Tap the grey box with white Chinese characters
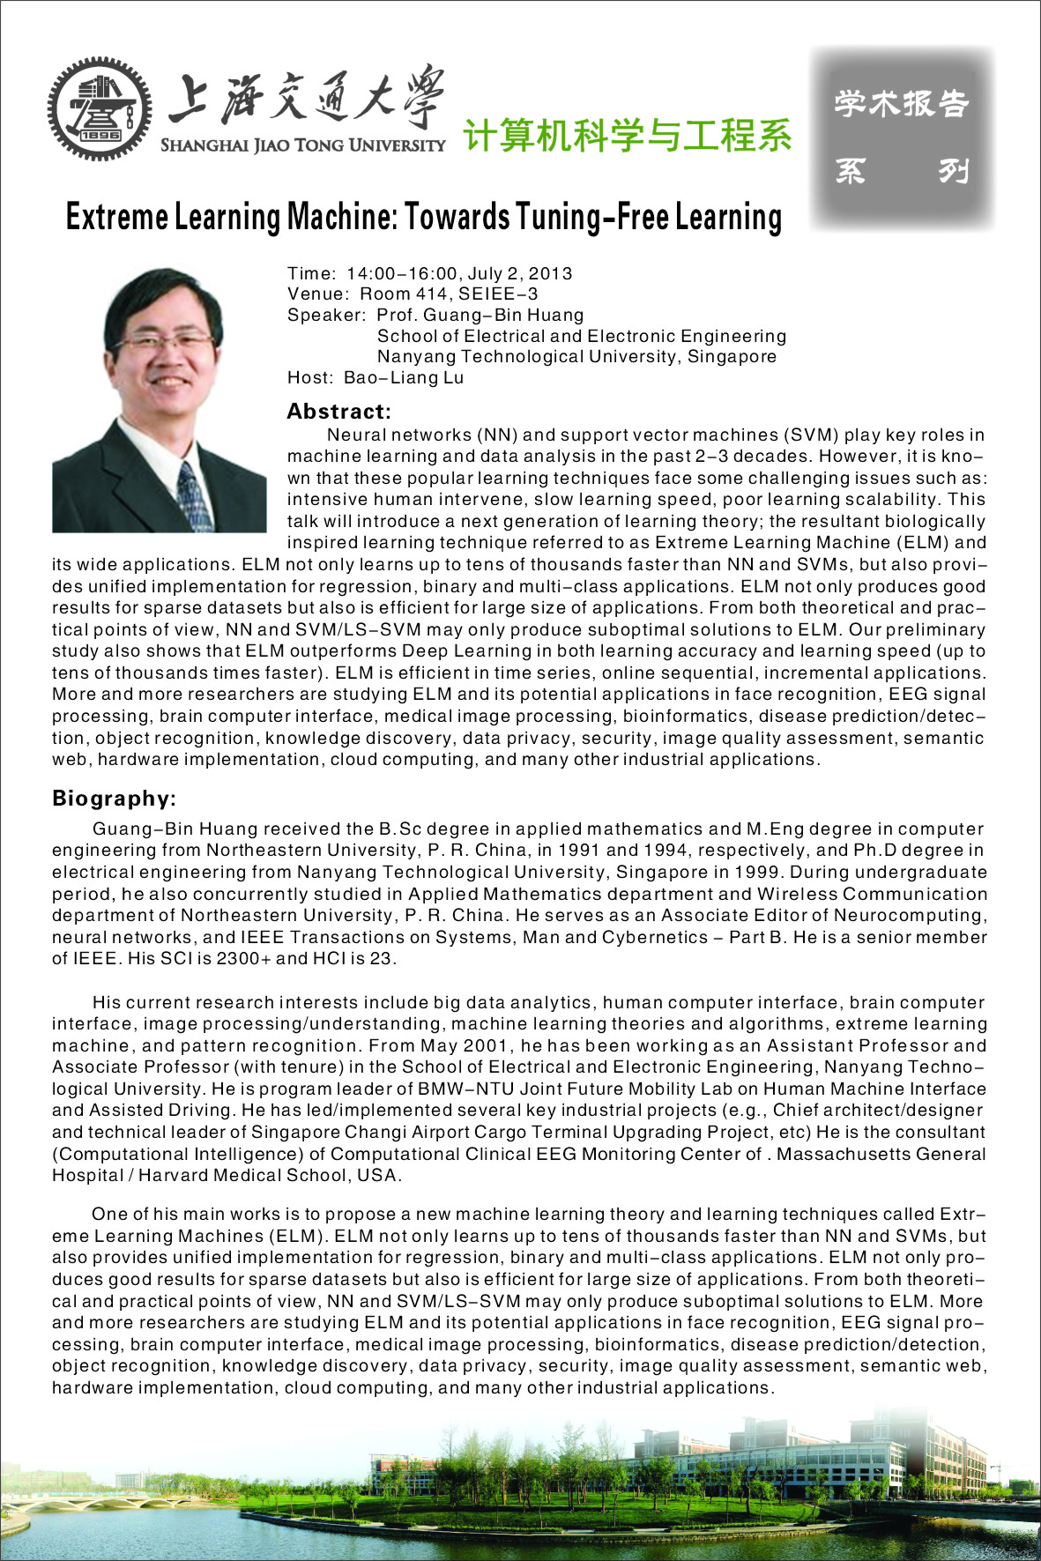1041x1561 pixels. click(902, 138)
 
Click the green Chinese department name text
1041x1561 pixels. click(628, 135)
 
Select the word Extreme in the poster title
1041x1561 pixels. click(116, 217)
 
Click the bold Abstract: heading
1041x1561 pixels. click(338, 412)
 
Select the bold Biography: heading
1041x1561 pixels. click(114, 799)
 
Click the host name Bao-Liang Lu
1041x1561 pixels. click(404, 378)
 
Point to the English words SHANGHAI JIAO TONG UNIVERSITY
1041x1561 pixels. click(302, 145)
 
